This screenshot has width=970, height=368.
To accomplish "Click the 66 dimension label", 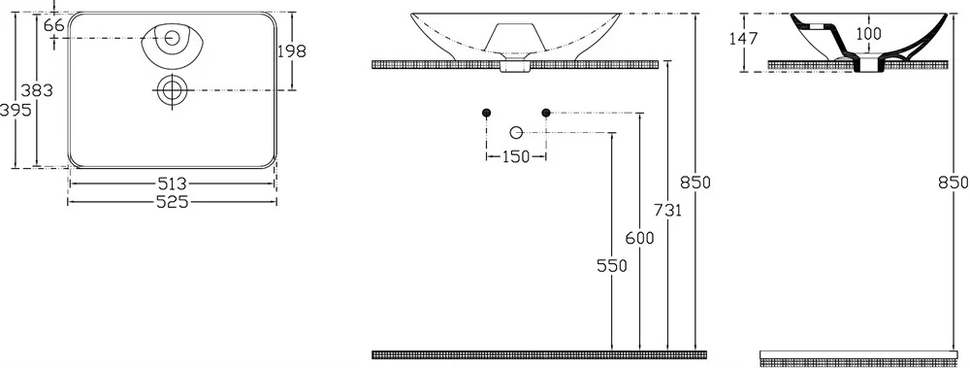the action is pos(54,25).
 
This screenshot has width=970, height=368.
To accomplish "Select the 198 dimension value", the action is pos(291,50).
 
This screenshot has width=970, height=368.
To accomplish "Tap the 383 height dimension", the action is pos(37,90).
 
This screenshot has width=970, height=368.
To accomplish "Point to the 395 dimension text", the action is pos(15,111).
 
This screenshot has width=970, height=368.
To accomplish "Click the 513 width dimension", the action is pos(172,184).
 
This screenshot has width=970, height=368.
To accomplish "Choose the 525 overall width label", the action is pos(172,202).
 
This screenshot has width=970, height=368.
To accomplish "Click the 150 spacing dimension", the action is pos(516,156).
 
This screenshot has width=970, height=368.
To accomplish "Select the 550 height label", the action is pos(612,266).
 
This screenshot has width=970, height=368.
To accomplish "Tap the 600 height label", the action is pos(639,238).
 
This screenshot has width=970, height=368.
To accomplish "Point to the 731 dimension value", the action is pos(667,211).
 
